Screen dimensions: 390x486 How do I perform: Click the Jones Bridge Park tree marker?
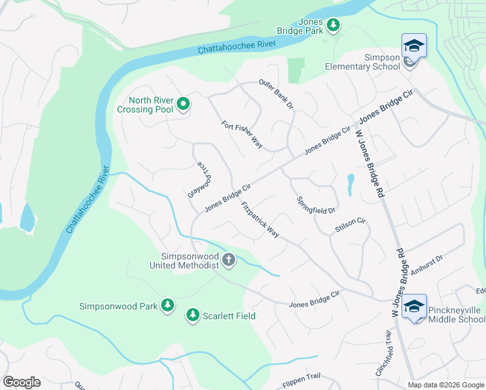tap(333, 25)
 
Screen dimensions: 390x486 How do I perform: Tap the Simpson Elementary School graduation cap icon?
tap(414, 47)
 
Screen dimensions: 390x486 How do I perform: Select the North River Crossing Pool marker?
tap(183, 103)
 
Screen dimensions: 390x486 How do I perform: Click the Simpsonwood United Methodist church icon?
tap(228, 260)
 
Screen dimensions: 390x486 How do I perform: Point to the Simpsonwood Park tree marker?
tap(168, 305)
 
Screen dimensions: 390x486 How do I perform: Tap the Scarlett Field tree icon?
tap(192, 315)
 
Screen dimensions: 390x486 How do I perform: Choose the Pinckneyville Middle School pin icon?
tap(414, 307)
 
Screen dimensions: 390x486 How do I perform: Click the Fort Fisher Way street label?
tap(242, 135)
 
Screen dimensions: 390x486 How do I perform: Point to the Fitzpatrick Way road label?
tap(260, 220)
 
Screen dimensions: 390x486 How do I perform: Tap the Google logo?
tap(21, 382)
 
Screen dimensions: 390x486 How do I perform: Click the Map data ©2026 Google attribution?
tap(446, 385)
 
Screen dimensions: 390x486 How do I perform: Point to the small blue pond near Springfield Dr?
tap(350, 183)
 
